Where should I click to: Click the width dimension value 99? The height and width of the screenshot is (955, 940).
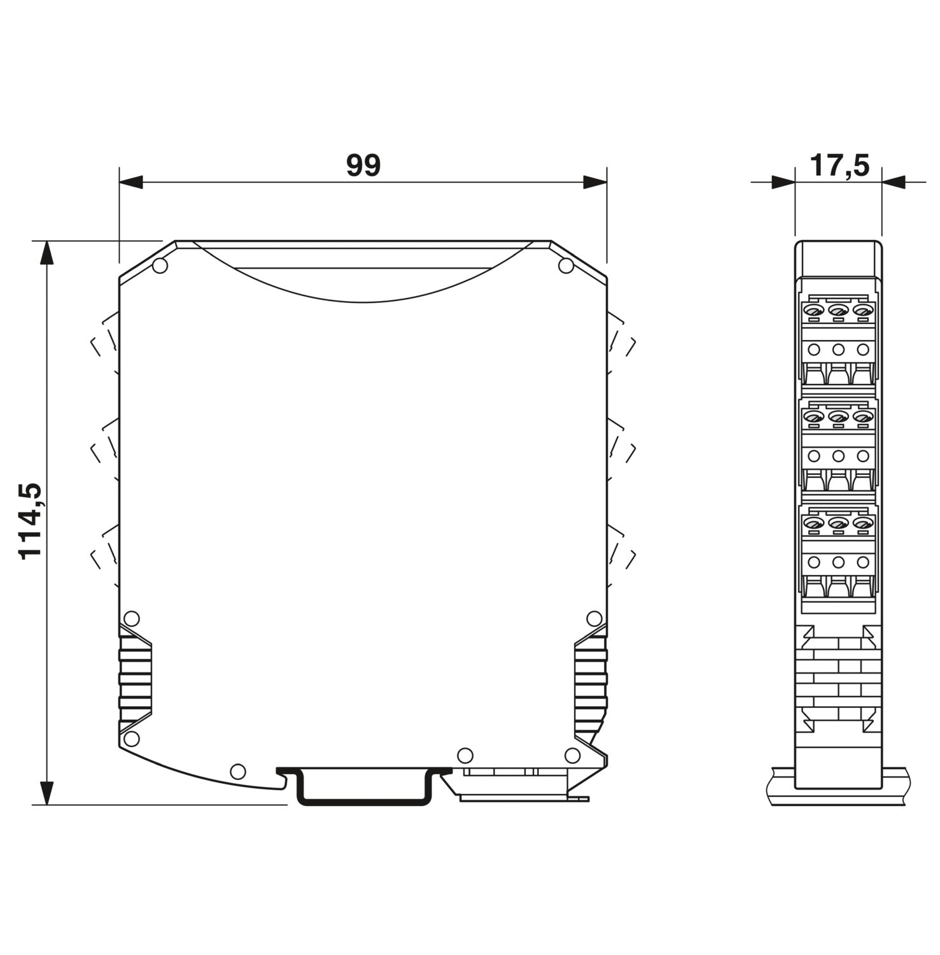(363, 166)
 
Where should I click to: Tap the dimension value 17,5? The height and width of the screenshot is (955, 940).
(839, 166)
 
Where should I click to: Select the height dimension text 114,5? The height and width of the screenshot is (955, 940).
(30, 521)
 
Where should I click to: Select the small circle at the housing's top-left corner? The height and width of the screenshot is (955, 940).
(160, 266)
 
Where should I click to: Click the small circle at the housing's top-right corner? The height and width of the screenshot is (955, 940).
(565, 266)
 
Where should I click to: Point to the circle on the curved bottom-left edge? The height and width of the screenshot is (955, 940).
(237, 772)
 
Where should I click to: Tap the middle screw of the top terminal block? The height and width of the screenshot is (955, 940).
(838, 311)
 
